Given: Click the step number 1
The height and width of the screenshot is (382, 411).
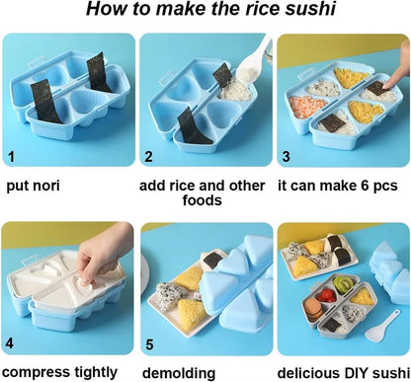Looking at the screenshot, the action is (12, 156).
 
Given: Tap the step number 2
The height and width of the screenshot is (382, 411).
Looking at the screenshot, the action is (149, 156).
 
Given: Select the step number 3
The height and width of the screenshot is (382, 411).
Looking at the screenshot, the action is (287, 156).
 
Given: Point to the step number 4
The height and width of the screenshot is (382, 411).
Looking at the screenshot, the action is (10, 344).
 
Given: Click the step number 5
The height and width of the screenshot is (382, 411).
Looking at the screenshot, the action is (149, 344).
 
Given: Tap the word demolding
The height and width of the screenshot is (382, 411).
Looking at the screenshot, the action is (179, 373).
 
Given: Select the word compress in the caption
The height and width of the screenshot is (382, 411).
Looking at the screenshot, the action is (36, 373).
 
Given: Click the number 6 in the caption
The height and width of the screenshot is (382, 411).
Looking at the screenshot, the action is (365, 186).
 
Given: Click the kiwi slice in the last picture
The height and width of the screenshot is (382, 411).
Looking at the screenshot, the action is (343, 283).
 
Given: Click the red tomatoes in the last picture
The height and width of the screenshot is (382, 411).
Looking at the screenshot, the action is (328, 295).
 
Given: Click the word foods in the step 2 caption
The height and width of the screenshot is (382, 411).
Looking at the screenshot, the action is (202, 200).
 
